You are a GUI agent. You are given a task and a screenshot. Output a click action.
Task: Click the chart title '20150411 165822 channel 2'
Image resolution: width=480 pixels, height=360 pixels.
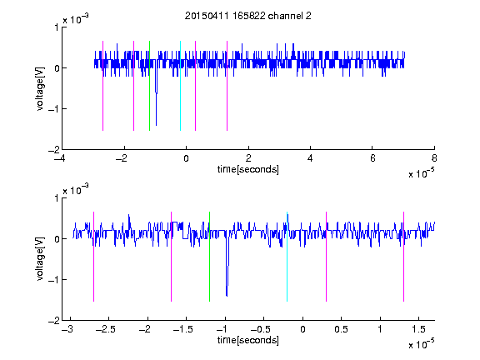coord(248,16)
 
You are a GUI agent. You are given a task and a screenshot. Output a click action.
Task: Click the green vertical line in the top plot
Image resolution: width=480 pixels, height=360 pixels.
coord(149,86)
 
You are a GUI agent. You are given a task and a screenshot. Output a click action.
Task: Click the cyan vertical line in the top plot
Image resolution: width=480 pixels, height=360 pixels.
coord(180,86)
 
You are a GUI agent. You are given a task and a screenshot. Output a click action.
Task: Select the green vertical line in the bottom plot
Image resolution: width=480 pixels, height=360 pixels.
coord(209,257)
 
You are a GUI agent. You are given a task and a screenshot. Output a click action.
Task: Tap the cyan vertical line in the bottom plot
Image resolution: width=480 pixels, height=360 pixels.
coord(287,257)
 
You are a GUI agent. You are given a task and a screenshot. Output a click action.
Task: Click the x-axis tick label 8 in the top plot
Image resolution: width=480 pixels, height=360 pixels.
coord(434,158)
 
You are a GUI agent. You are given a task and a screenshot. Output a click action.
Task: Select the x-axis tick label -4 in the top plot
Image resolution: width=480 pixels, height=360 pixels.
coord(60,158)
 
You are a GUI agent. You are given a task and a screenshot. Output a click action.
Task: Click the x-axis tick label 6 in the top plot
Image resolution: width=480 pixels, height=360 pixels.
coord(372,158)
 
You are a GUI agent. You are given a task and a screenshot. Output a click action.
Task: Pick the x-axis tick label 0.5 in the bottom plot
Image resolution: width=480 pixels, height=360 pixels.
coord(341,329)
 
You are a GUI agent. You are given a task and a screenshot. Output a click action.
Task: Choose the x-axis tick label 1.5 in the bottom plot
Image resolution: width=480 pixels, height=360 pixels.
coord(418,329)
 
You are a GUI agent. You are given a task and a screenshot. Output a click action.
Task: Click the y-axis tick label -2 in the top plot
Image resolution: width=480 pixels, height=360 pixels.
coord(54,150)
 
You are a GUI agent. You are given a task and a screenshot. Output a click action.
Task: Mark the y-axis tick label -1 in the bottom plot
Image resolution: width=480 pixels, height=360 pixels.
coord(54,279)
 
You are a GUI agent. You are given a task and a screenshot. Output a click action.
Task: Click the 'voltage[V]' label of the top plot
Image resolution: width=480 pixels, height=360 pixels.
coord(40,88)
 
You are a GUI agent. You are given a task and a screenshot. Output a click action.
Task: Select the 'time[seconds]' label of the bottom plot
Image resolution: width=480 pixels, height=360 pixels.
coord(248,340)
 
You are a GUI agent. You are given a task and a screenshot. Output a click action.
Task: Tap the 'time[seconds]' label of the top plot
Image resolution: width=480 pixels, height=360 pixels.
coord(248,169)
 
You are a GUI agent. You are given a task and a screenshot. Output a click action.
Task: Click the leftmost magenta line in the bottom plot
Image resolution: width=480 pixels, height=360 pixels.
coord(93,257)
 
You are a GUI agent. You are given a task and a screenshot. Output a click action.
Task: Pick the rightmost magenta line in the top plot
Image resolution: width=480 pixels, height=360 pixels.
coord(227,86)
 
